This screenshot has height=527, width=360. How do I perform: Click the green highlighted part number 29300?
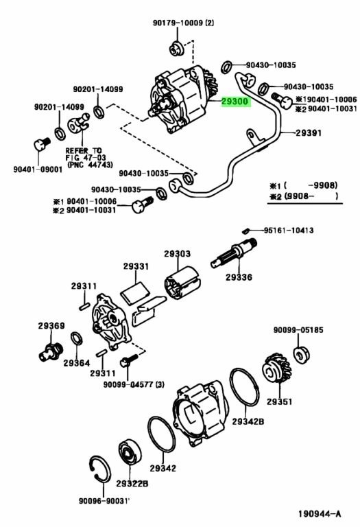tap(236, 101)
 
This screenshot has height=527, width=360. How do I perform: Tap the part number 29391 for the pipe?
tap(309, 132)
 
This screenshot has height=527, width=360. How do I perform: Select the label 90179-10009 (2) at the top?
tap(183, 23)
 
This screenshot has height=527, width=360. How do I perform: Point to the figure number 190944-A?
tap(320, 513)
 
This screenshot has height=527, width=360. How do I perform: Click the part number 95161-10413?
tap(289, 231)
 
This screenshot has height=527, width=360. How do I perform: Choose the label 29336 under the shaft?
tap(239, 277)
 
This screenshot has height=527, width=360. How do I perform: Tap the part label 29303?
tap(178, 254)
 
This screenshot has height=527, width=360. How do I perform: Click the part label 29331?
tap(136, 266)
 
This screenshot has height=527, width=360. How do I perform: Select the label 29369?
tap(51, 325)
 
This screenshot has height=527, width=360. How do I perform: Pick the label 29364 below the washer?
tap(77, 363)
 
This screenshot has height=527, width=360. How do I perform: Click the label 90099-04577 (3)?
tap(134, 384)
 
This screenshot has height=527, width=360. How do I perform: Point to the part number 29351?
tap(279, 401)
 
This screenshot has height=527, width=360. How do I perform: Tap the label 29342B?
tap(248, 421)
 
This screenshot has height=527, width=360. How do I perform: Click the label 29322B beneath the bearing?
tap(132, 483)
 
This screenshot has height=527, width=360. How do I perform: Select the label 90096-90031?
tap(104, 500)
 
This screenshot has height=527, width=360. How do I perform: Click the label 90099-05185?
tap(298, 329)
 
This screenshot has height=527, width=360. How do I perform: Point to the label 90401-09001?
tap(38, 169)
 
